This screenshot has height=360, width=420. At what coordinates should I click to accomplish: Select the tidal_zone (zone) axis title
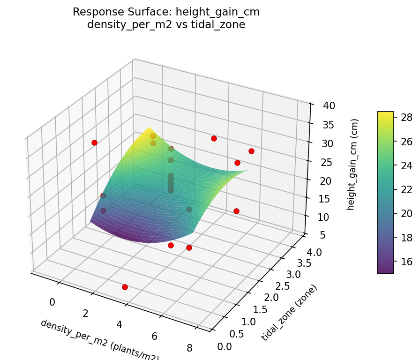pyautogui.click(x=289, y=313)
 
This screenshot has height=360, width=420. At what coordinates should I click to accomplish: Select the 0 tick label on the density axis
pyautogui.click(x=52, y=302)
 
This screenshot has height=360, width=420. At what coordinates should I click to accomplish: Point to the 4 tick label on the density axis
pyautogui.click(x=120, y=325)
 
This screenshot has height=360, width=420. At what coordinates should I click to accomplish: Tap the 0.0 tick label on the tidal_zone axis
pyautogui.click(x=225, y=346)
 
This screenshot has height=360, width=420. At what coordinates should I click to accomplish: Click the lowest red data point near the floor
pyautogui.click(x=125, y=287)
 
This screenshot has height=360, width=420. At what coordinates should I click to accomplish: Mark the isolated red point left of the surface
pyautogui.click(x=94, y=142)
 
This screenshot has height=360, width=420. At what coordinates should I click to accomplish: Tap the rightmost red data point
pyautogui.click(x=251, y=151)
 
